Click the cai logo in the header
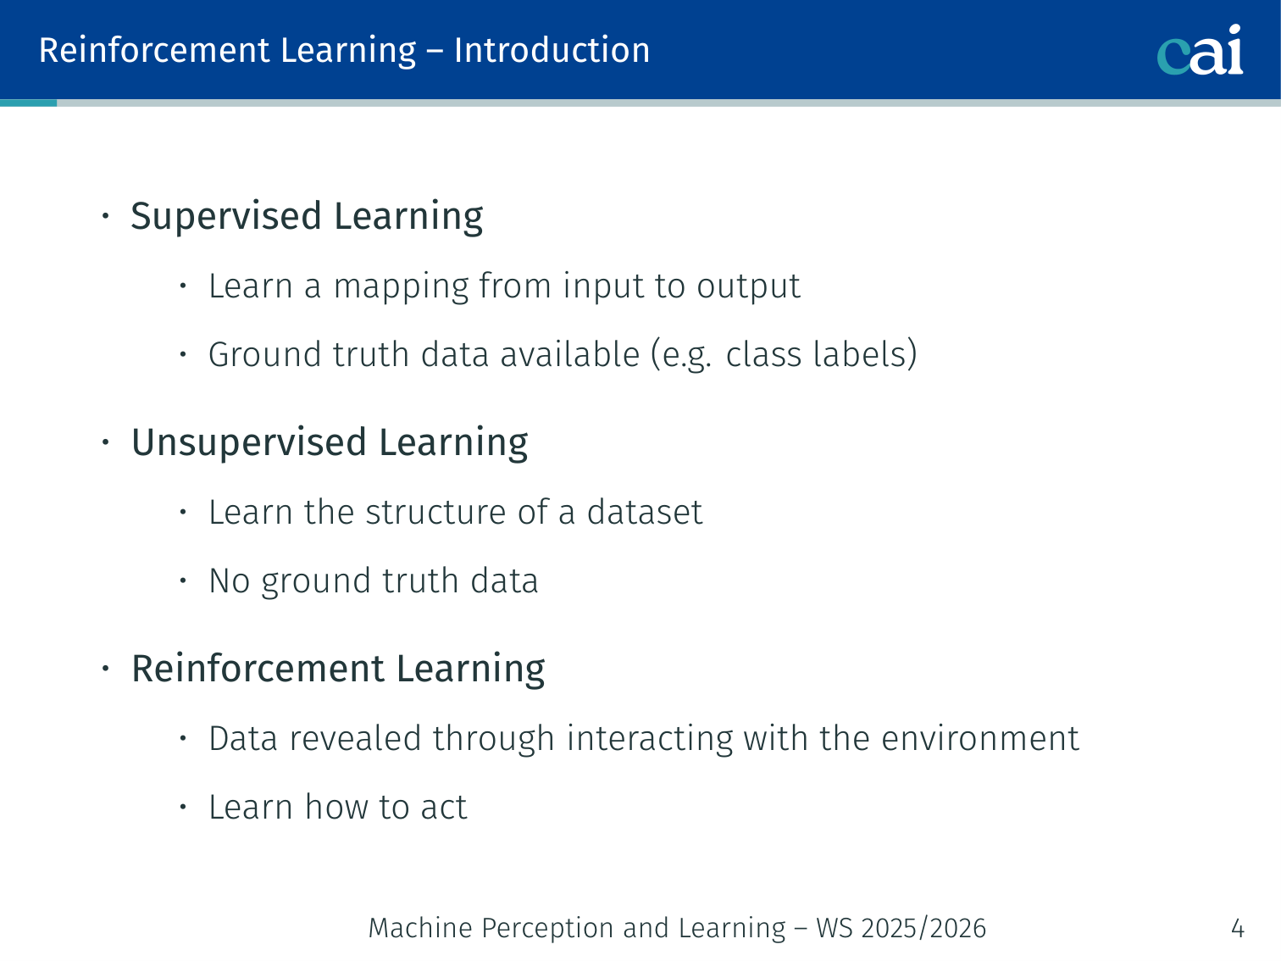pos(1200,50)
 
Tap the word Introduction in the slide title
pos(552,50)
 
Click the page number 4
pos(1238,928)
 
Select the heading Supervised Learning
pos(307,216)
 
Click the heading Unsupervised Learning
pos(330,443)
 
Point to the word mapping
pos(401,287)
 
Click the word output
pos(748,286)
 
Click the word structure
pos(435,513)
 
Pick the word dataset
pos(644,512)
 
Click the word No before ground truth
pos(230,581)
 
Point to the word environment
pos(980,739)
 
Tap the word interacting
pos(650,740)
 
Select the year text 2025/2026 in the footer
pos(923,928)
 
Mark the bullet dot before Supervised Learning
pos(106,216)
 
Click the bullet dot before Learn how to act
pos(183,808)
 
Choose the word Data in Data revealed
pos(243,739)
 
